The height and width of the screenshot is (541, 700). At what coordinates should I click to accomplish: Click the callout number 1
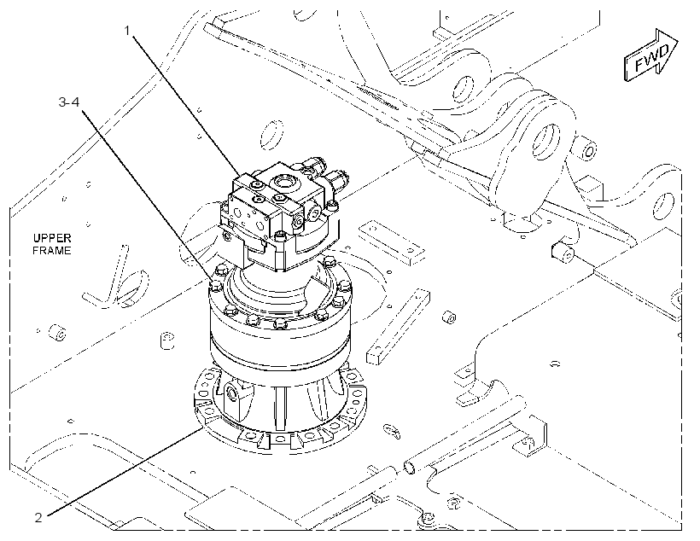coord(127,31)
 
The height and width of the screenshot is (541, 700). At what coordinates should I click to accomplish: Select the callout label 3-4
coord(69,102)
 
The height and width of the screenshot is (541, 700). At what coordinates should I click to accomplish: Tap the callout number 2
coord(38,517)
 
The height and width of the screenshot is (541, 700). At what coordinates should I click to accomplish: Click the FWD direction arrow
coord(650,55)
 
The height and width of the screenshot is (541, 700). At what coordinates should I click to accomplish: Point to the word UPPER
coord(52,238)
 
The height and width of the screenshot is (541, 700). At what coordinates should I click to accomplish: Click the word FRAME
coord(52,250)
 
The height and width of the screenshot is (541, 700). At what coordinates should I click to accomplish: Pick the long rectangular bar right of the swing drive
coord(398,327)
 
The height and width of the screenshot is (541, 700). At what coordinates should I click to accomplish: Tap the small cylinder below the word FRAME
coord(57,333)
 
